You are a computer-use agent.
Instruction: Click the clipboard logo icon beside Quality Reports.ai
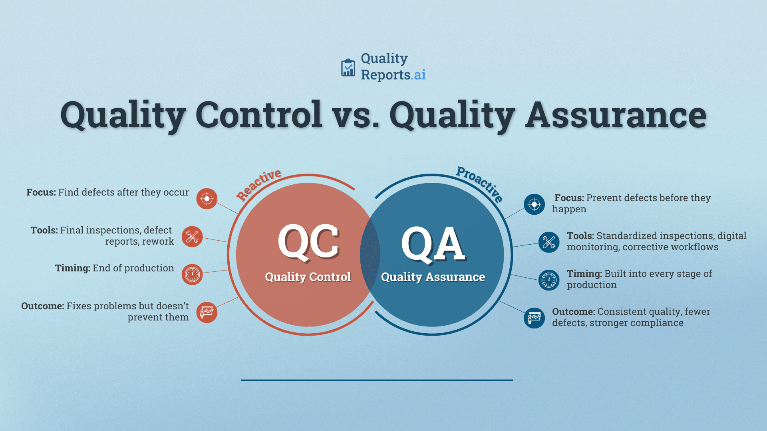348,68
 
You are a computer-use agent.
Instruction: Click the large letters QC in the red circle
308,242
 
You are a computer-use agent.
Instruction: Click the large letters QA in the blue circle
433,243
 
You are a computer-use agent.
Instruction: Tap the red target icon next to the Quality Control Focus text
207,198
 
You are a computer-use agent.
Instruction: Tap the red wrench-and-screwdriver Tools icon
192,237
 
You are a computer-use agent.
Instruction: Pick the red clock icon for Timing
192,275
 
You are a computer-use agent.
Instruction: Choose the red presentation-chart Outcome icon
207,312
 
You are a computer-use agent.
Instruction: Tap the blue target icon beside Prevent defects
534,204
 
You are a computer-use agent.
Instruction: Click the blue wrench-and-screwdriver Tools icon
549,242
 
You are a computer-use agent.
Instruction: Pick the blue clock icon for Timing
549,280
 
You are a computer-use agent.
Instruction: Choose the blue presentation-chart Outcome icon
534,318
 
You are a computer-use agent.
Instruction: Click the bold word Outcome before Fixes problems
42,306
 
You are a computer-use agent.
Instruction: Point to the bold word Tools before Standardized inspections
580,236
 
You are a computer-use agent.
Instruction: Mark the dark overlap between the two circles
370,255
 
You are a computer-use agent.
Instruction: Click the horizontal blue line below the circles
377,380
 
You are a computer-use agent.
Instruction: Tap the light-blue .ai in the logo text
419,75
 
